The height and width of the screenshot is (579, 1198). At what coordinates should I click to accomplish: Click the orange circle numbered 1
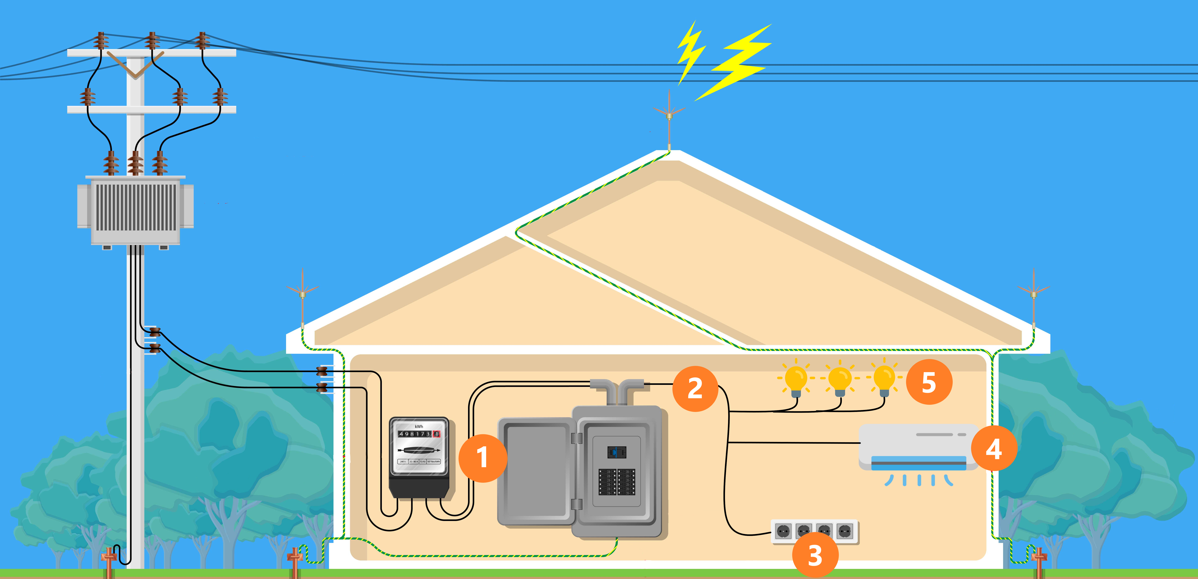[x=483, y=458]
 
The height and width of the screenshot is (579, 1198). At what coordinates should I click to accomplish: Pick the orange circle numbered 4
[x=994, y=449]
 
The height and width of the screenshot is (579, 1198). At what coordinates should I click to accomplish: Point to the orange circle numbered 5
[x=929, y=382]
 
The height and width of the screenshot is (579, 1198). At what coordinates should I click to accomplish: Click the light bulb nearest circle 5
[x=884, y=379]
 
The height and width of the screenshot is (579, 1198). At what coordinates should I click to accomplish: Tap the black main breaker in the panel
[x=617, y=452]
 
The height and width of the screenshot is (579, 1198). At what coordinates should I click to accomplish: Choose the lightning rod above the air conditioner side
[x=1033, y=298]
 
